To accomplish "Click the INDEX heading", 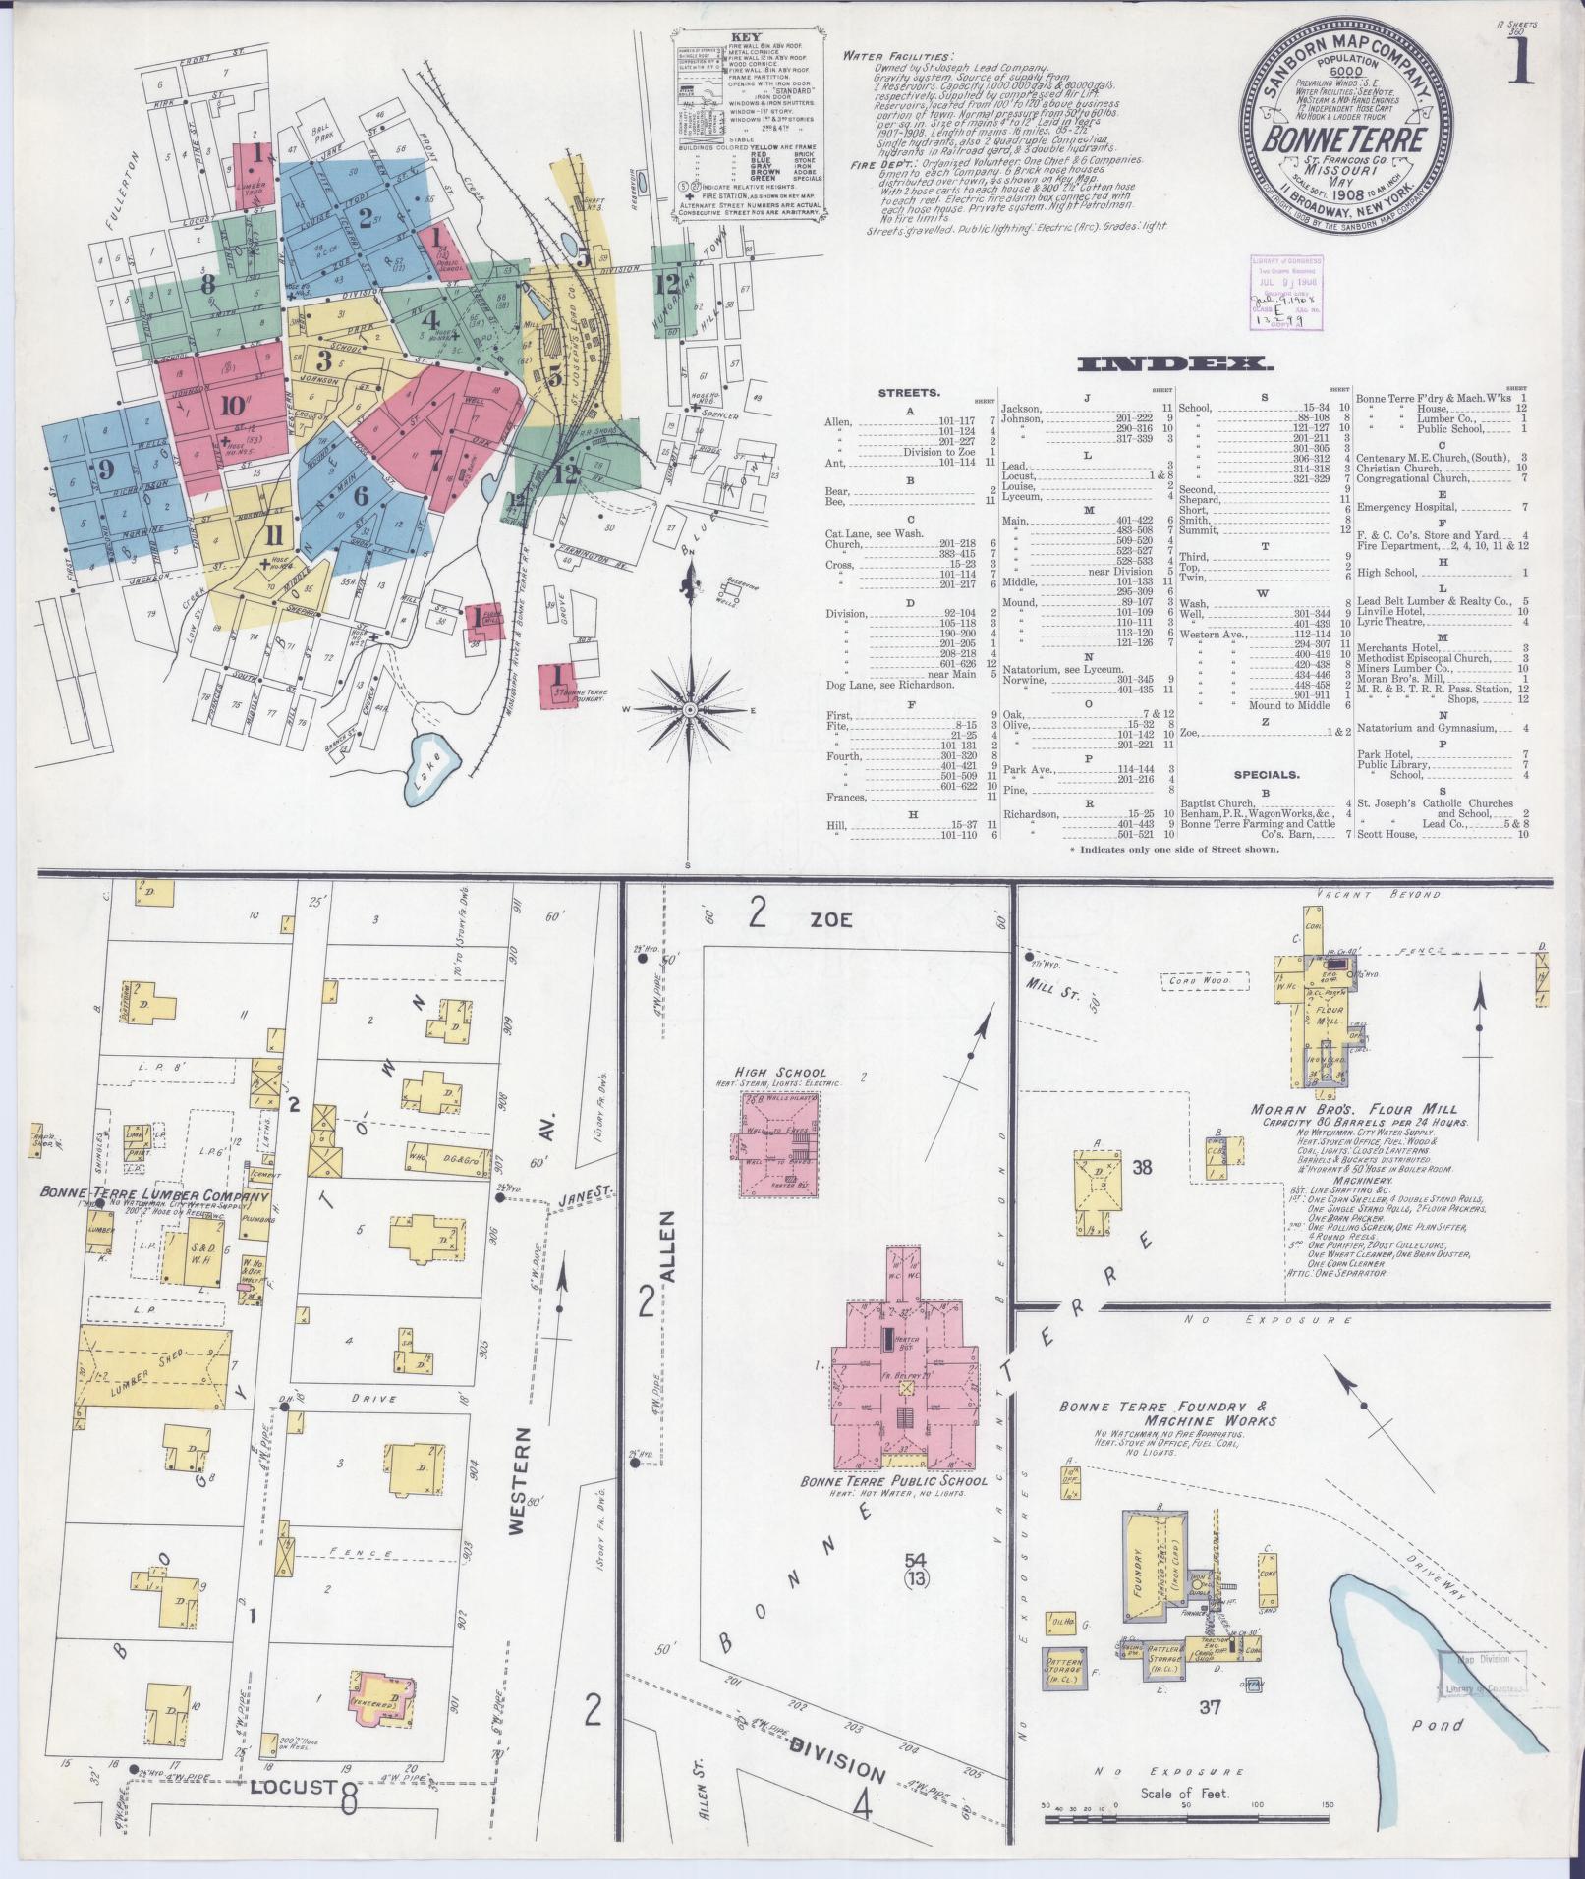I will tap(1175, 364).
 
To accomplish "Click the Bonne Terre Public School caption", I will tap(881, 1507).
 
